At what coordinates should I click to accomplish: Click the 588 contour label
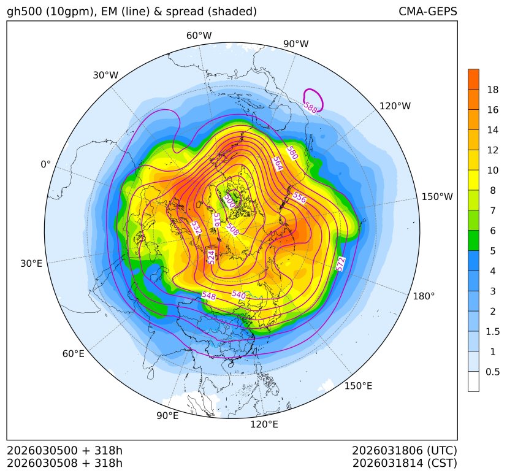[x=310, y=107]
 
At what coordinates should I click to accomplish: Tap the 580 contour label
[x=292, y=153]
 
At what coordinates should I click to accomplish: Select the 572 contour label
[x=341, y=263]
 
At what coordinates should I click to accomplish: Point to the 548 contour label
[x=208, y=296]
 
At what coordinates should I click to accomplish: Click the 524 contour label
[x=212, y=257]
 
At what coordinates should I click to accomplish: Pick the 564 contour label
[x=278, y=164]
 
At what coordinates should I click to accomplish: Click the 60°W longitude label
[x=199, y=36]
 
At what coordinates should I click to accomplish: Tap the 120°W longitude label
[x=395, y=106]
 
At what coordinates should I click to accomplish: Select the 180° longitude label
[x=424, y=296]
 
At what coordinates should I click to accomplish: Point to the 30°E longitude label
[x=31, y=264]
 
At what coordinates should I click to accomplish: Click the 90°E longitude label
[x=167, y=416]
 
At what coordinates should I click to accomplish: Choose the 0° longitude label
[x=45, y=164]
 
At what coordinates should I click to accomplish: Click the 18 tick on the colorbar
[x=492, y=90]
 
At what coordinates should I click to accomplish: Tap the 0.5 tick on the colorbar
[x=492, y=372]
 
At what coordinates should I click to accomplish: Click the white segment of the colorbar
[x=473, y=381]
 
